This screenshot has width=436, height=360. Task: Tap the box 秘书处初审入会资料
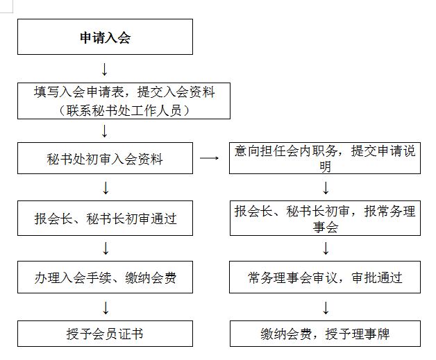click(105, 159)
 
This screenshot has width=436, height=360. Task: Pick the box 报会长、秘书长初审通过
click(105, 218)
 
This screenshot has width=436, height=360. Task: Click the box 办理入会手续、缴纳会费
click(105, 278)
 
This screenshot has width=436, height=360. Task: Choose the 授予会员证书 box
click(105, 334)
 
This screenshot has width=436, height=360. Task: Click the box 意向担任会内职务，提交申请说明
click(325, 159)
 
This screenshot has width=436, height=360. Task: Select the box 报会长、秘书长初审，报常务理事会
click(325, 218)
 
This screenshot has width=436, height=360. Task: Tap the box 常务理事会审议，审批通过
click(325, 278)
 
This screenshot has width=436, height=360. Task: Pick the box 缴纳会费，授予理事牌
click(325, 334)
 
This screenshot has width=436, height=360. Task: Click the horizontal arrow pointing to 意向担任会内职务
click(209, 158)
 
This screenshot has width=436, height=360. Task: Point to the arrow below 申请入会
click(105, 69)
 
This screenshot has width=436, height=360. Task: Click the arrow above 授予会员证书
click(106, 307)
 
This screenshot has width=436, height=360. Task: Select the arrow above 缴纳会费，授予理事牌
click(325, 307)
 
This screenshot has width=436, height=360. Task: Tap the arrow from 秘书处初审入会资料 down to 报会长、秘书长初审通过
click(106, 188)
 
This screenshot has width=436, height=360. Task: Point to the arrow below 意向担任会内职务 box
click(325, 188)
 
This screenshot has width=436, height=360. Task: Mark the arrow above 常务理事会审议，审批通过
click(325, 248)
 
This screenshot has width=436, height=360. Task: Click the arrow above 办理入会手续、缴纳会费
click(106, 248)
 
